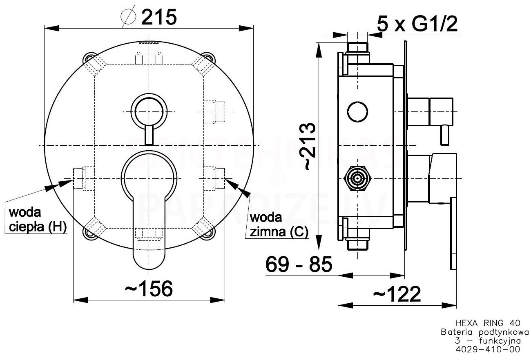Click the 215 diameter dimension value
pyautogui.click(x=159, y=17)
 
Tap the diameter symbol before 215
pyautogui.click(x=129, y=16)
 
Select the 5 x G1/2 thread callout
pyautogui.click(x=417, y=24)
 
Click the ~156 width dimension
pyautogui.click(x=149, y=289)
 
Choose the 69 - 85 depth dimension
pyautogui.click(x=299, y=264)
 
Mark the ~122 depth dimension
pyautogui.click(x=397, y=294)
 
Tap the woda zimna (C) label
pyautogui.click(x=279, y=225)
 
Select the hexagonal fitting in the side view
pyautogui.click(x=357, y=178)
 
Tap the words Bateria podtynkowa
pyautogui.click(x=484, y=332)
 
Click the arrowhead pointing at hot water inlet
pyautogui.click(x=65, y=184)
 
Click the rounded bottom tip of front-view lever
pyautogui.click(x=149, y=269)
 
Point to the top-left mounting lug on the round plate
pyautogui.click(x=89, y=58)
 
